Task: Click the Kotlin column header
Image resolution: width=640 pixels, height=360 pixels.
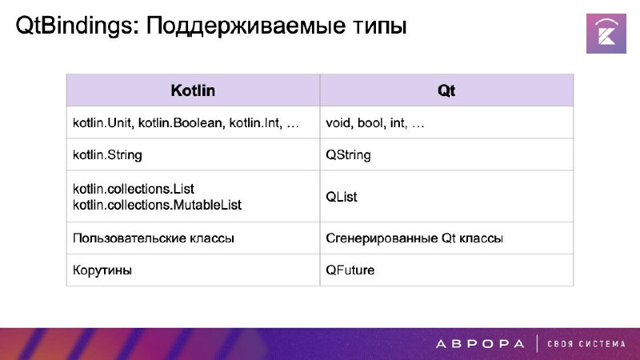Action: coord(193,90)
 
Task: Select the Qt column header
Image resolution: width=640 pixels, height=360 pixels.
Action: coord(446,90)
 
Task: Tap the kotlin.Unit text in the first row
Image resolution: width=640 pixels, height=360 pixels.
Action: coord(102,122)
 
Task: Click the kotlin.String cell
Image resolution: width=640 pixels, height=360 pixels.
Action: coord(107,155)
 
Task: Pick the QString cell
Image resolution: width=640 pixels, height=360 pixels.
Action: coord(348,155)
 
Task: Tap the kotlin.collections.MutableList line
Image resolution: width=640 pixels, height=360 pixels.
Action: coord(157,205)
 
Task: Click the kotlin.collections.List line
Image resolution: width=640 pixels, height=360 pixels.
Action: coord(134,189)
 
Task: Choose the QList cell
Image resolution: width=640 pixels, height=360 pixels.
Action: coord(342,197)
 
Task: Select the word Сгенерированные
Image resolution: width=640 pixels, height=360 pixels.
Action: coord(382,238)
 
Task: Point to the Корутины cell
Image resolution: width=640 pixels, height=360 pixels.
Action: coord(102,270)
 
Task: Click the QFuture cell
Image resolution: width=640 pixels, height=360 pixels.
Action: coord(350,270)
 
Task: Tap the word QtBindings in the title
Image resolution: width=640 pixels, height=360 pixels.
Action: coord(74,26)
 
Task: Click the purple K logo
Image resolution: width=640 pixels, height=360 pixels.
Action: coord(606,34)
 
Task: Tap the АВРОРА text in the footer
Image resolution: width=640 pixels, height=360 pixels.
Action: coord(480,344)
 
